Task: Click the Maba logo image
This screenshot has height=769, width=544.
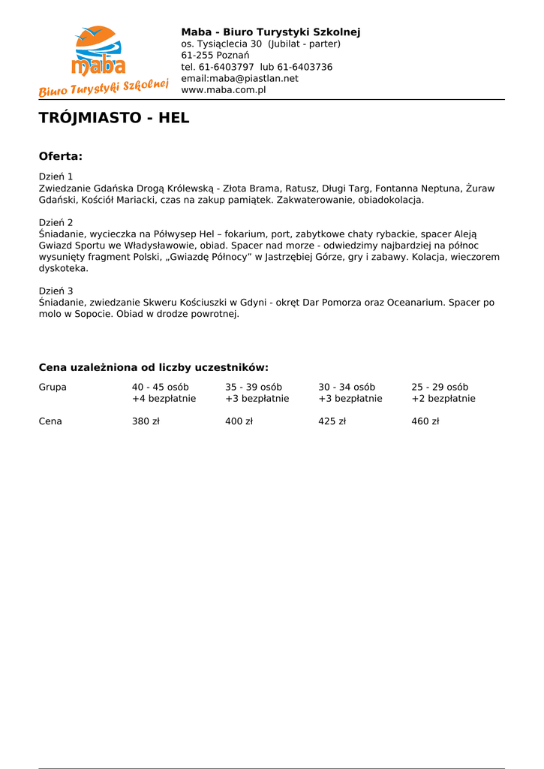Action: [104, 60]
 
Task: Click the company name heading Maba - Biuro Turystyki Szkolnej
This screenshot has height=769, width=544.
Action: [270, 32]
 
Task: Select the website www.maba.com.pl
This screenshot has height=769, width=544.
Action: [224, 90]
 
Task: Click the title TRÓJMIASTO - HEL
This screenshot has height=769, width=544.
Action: [114, 118]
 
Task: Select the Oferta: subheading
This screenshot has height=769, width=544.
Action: [60, 156]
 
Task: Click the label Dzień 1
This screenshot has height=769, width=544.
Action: [56, 176]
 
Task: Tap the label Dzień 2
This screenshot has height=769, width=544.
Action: [56, 222]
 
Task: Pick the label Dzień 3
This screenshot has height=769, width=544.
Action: [56, 291]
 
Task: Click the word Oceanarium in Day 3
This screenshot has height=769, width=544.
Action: [415, 302]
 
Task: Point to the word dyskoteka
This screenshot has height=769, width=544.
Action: [63, 268]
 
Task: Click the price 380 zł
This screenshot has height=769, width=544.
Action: [146, 421]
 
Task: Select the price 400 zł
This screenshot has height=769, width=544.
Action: [239, 421]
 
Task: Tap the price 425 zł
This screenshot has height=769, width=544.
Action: [332, 421]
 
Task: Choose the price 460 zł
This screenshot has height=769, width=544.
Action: [425, 421]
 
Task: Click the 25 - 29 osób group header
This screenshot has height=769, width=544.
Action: [439, 387]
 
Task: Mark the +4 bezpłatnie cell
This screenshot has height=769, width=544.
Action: [164, 399]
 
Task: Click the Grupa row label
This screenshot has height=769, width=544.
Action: [53, 387]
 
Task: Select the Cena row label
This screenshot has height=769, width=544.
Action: [50, 421]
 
